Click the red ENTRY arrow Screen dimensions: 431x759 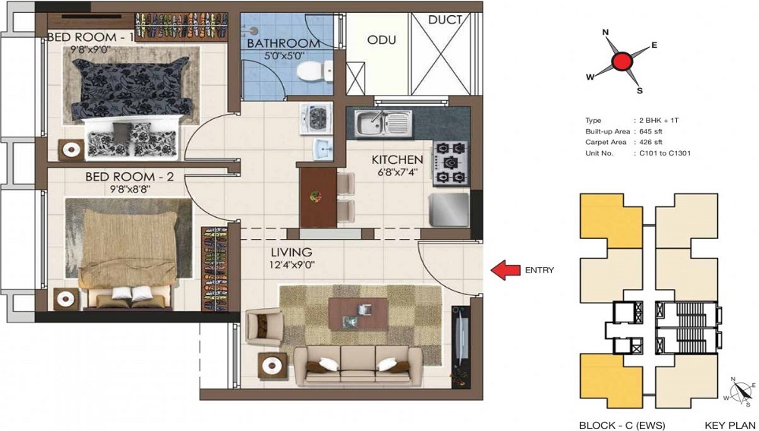coord(506,269)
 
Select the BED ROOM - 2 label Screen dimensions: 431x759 coord(129,177)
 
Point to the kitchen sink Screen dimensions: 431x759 coord(384,122)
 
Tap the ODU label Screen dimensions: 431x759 coord(381,39)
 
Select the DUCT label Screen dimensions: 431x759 coord(445,20)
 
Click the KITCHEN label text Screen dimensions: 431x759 coord(397,160)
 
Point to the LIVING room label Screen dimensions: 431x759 coord(291,252)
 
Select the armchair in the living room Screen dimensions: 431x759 coord(265,327)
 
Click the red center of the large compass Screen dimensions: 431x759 coord(623,61)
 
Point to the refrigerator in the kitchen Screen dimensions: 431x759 coord(450,209)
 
